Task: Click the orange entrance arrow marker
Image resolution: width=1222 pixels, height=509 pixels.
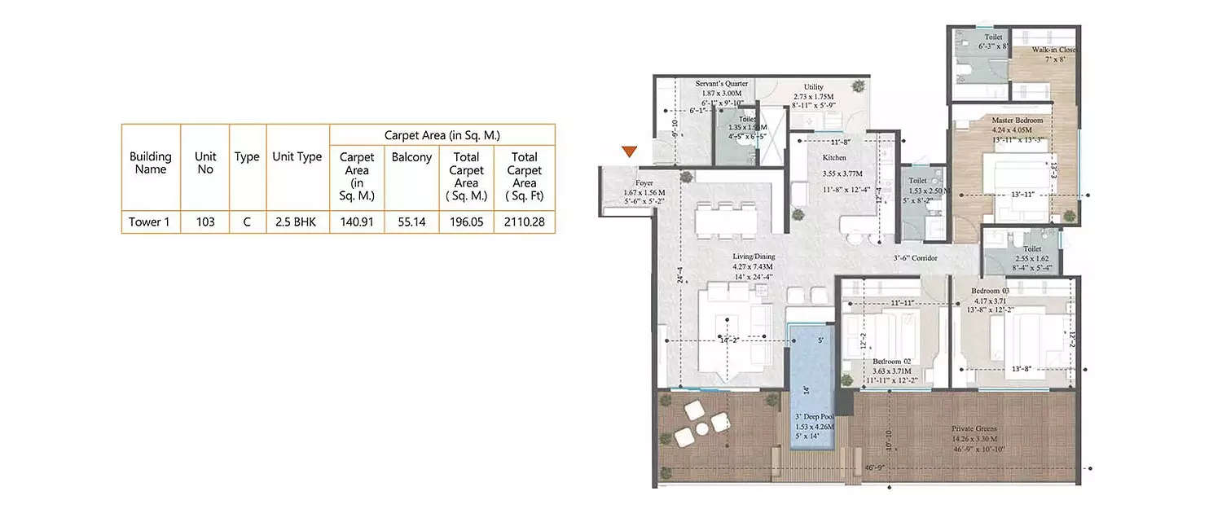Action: pos(628,151)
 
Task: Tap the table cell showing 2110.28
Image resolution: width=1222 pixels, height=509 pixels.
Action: pos(524,221)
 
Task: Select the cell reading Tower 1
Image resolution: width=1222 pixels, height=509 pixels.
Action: pos(150,221)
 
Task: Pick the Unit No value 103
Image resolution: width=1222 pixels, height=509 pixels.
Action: pos(204,221)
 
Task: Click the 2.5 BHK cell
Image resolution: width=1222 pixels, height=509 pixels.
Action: pos(297,221)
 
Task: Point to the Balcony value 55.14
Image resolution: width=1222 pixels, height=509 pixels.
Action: pos(411,221)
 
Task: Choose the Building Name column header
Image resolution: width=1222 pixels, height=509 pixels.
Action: pos(150,163)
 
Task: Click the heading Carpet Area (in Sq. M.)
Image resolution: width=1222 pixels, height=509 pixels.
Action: pos(442,135)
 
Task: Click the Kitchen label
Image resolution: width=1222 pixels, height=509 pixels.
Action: pos(833,158)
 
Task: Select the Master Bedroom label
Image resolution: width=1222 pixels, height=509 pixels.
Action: pos(1012,120)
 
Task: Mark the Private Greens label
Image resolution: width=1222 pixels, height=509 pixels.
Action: pos(974,428)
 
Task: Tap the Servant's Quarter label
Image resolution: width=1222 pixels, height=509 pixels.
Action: pos(718,84)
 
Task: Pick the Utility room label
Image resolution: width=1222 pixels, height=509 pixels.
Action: pos(813,87)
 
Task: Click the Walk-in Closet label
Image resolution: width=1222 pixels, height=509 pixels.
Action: pos(1053,50)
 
